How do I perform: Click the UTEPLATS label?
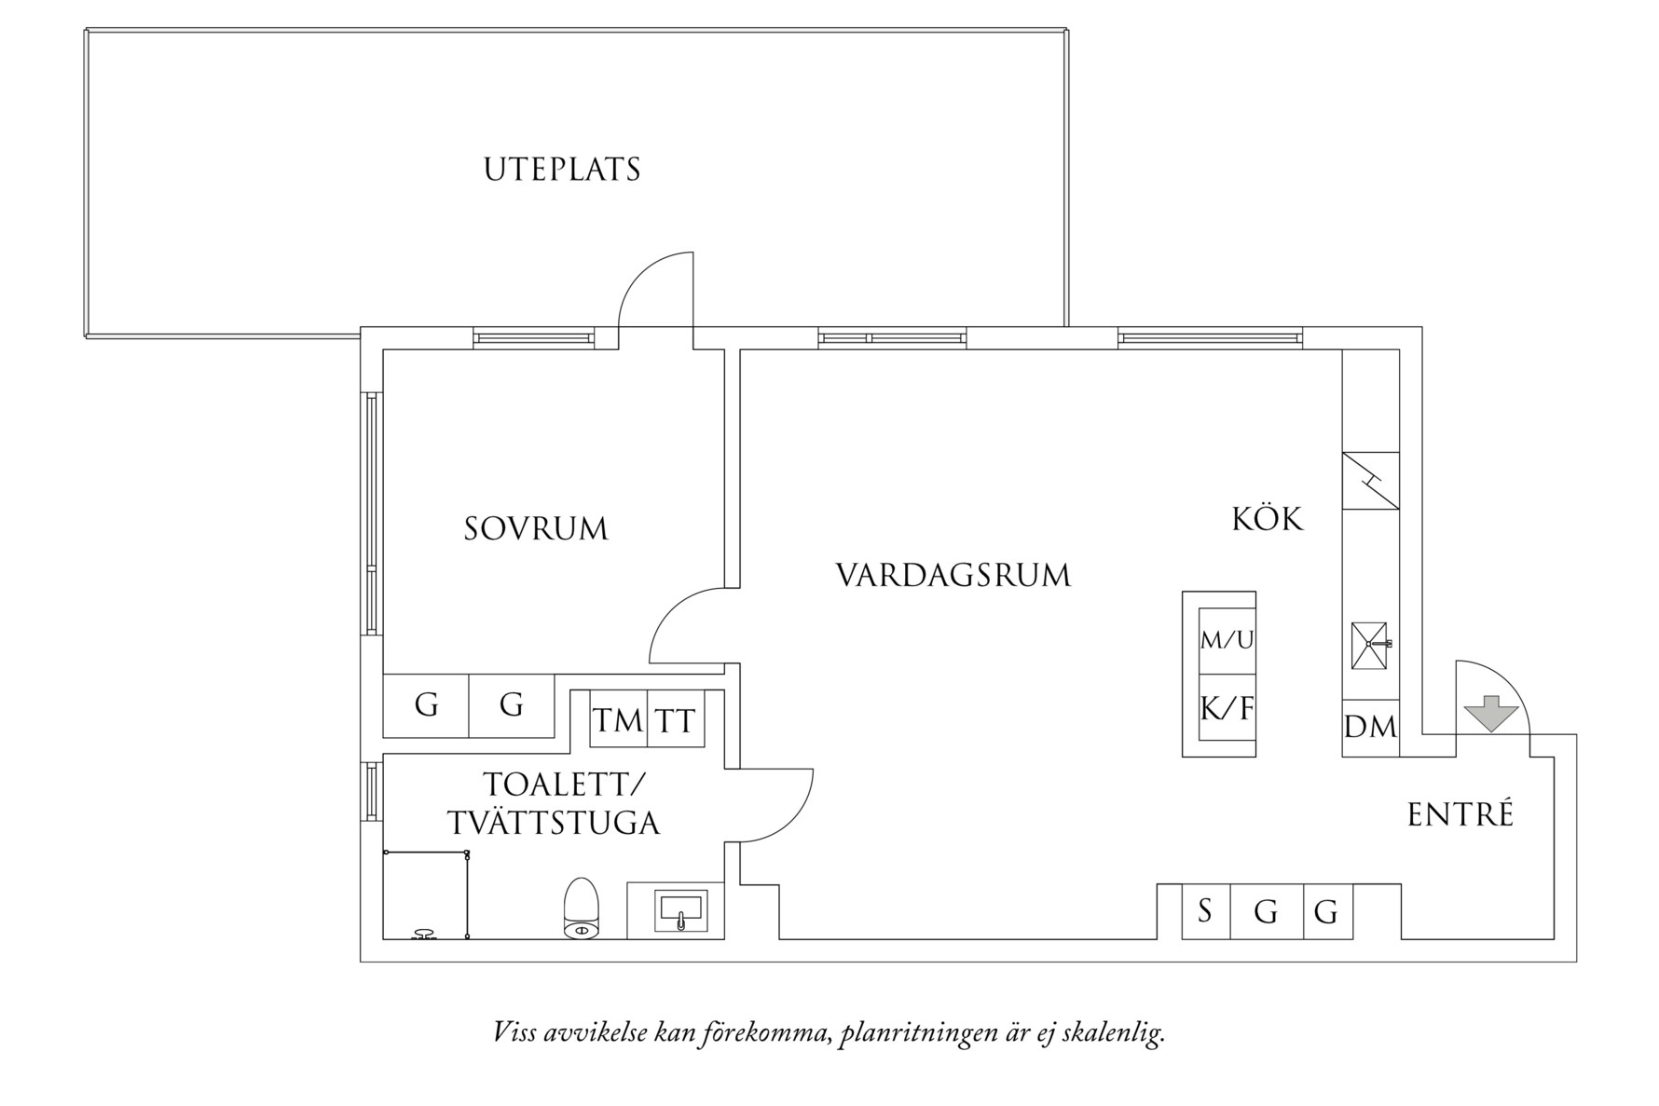562,170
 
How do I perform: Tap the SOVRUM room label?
536,529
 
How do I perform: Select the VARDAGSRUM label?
953,575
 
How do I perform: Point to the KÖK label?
1268,519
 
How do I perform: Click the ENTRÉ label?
1460,814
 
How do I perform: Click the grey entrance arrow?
1491,714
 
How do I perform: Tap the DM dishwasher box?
1370,727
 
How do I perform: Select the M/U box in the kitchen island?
1227,640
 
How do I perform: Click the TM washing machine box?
618,719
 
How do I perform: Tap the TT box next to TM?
676,719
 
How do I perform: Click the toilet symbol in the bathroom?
582,908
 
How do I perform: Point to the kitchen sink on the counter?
1369,645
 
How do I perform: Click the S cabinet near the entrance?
1205,910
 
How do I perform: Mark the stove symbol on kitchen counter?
1370,481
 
